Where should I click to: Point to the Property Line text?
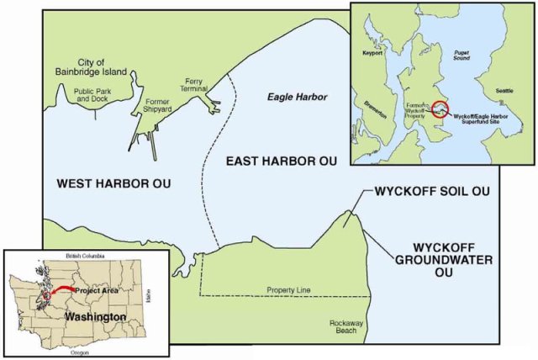(x=288, y=290)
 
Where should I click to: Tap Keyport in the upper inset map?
(x=372, y=52)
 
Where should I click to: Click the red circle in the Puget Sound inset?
(x=440, y=109)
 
